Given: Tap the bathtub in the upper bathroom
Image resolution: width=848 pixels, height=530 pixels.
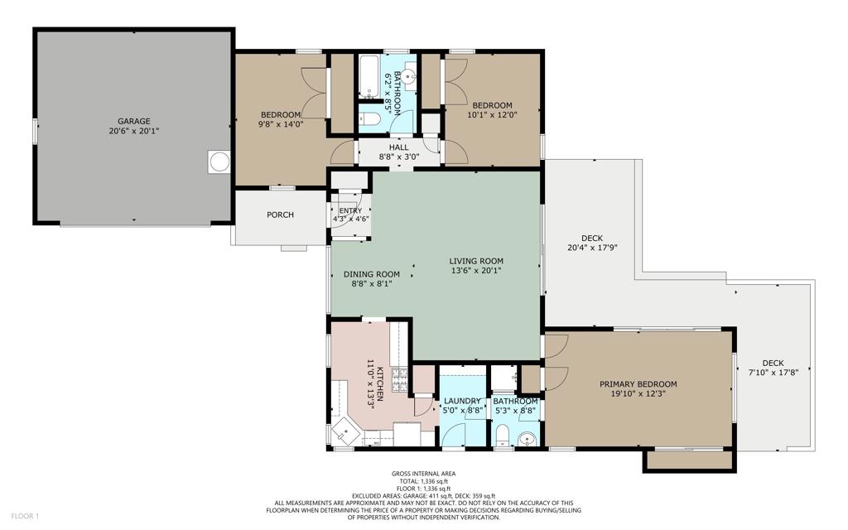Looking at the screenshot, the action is [371, 77].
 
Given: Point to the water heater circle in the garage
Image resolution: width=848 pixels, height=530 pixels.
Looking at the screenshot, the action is [219, 161].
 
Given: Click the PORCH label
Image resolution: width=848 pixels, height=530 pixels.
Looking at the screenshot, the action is [280, 214].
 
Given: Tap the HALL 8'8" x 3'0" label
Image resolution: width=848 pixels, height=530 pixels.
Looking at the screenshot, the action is [398, 152].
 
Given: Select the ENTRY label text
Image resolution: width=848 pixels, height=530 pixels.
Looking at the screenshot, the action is [350, 211].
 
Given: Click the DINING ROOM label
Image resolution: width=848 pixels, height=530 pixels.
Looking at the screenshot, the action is [372, 274].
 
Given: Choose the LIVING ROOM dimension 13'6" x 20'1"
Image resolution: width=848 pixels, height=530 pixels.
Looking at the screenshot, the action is [476, 271].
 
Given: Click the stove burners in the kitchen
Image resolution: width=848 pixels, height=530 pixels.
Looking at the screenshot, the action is [400, 379].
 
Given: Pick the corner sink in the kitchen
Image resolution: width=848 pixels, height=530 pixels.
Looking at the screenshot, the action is [345, 430].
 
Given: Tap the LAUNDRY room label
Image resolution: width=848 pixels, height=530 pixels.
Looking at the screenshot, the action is [462, 401].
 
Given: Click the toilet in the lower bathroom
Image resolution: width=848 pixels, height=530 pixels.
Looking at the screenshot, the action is [503, 435].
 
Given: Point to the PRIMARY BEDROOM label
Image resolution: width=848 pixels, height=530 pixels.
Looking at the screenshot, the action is [638, 384].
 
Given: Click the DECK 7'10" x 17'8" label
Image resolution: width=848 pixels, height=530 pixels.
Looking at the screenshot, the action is [773, 368].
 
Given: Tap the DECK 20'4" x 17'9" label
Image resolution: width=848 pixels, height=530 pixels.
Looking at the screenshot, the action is [592, 243].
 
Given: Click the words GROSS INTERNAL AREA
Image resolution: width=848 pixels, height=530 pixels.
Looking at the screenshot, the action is [423, 474].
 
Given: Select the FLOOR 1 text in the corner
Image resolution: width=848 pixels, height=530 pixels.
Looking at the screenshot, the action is [25, 517].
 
